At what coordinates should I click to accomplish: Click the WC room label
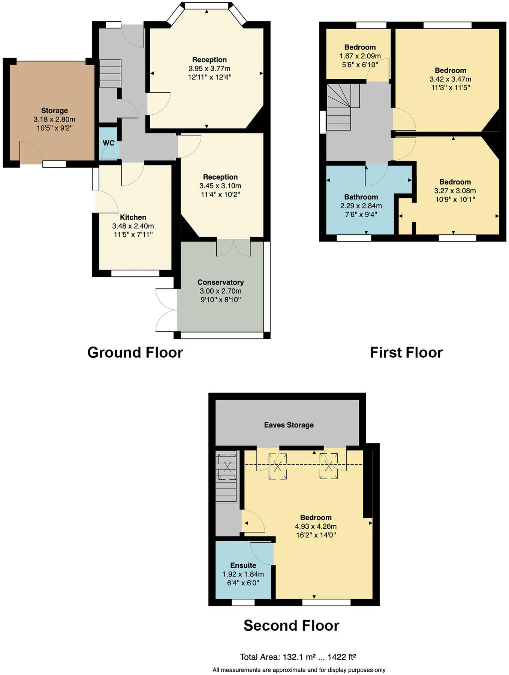coord(109,143)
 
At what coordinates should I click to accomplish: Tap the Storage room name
coord(54,111)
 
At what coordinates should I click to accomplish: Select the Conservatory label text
coord(220,282)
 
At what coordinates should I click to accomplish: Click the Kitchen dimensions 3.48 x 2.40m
coord(133,226)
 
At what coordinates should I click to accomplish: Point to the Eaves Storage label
coord(289,425)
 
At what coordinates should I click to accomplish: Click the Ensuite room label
coord(243,565)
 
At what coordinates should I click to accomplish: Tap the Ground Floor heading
coord(135,352)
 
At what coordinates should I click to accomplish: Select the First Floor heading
coord(406,352)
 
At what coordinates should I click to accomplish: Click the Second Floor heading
coord(291,625)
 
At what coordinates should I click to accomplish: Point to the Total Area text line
coord(298,657)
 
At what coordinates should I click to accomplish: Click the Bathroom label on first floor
coord(361,197)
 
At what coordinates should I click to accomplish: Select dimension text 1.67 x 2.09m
coord(360,56)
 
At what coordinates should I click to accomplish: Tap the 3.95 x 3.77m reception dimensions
coord(210,69)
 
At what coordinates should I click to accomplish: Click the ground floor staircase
coord(110,73)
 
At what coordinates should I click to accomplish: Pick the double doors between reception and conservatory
coord(233,248)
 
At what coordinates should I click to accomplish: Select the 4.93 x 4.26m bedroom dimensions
coord(316,526)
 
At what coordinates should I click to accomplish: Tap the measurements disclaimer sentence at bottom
coord(299,670)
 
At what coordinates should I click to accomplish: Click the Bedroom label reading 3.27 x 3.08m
coord(455,182)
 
